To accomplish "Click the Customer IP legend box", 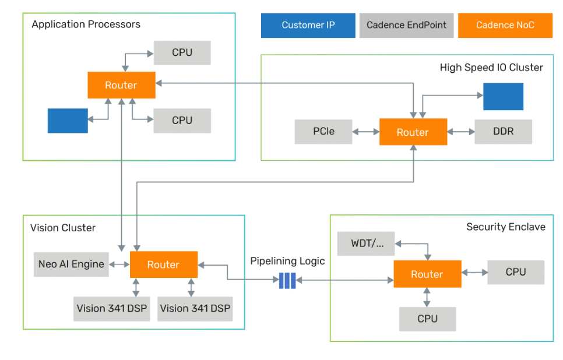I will pos(308,25).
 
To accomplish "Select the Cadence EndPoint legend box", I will pos(406,25).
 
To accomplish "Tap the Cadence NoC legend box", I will pos(505,25).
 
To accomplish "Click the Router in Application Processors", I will pos(121,85).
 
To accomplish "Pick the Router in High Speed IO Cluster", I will pos(413,132).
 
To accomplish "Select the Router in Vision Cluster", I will pos(163,264).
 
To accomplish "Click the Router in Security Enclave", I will pos(427,274).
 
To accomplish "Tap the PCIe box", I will pos(323,132).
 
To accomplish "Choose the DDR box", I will pos(504,132).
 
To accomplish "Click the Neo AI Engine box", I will pos(71,264).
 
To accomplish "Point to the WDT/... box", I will pos(366,243).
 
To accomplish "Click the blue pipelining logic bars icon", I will pos(287,280).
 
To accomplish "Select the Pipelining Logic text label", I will pos(287,260).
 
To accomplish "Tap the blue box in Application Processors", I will pos(68,121).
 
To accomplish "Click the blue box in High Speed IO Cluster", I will pos(503,96).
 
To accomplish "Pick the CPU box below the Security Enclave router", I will pos(427,319).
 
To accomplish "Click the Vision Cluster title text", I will pos(62,228).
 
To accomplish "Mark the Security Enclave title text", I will pos(505,227).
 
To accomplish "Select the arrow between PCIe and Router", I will pos(366,132).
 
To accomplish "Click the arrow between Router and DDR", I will pos(461,132).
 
